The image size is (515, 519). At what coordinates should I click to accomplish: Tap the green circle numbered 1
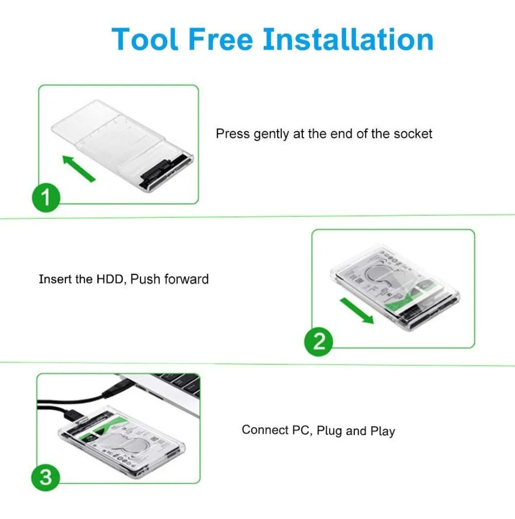[x=46, y=197]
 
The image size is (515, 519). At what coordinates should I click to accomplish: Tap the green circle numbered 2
[x=319, y=341]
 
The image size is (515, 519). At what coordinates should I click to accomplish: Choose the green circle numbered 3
[x=46, y=477]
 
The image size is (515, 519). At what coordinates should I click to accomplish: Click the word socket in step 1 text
[x=413, y=134]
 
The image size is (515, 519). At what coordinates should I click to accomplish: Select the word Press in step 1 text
[x=233, y=134]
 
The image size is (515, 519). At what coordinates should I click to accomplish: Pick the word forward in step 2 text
[x=186, y=279]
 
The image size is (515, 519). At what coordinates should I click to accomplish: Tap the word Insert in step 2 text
[x=55, y=279]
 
